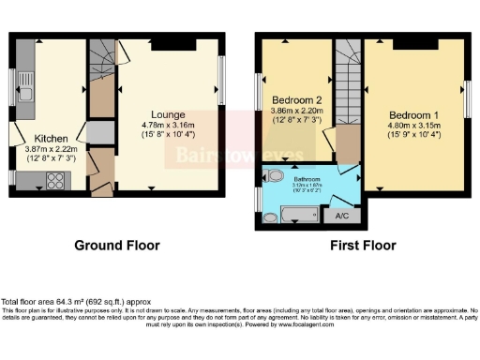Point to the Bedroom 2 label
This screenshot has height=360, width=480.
pyautogui.click(x=297, y=100)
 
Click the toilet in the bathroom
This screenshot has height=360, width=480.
pyautogui.click(x=277, y=176)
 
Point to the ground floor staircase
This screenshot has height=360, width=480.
pyautogui.click(x=102, y=73)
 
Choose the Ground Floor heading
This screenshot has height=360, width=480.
pyautogui.click(x=117, y=245)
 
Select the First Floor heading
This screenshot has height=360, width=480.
pyautogui.click(x=362, y=245)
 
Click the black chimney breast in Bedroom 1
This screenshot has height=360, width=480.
pyautogui.click(x=409, y=44)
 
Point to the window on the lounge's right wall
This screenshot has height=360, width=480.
pyautogui.click(x=223, y=81)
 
